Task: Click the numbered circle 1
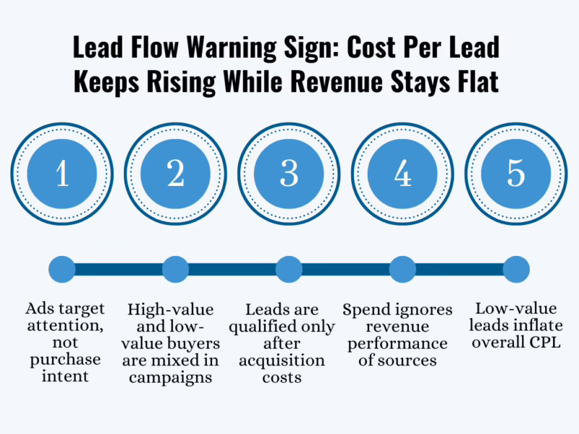click(62, 174)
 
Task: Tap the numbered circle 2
click(176, 174)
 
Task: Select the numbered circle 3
click(289, 174)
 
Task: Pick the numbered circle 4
click(403, 174)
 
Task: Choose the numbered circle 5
click(516, 174)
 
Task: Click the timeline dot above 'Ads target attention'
click(62, 270)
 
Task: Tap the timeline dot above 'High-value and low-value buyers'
click(176, 270)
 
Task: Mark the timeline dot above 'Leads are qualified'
click(289, 270)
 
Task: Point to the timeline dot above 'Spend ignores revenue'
click(403, 270)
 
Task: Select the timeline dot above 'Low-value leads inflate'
click(516, 270)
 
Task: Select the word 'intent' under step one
click(62, 375)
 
